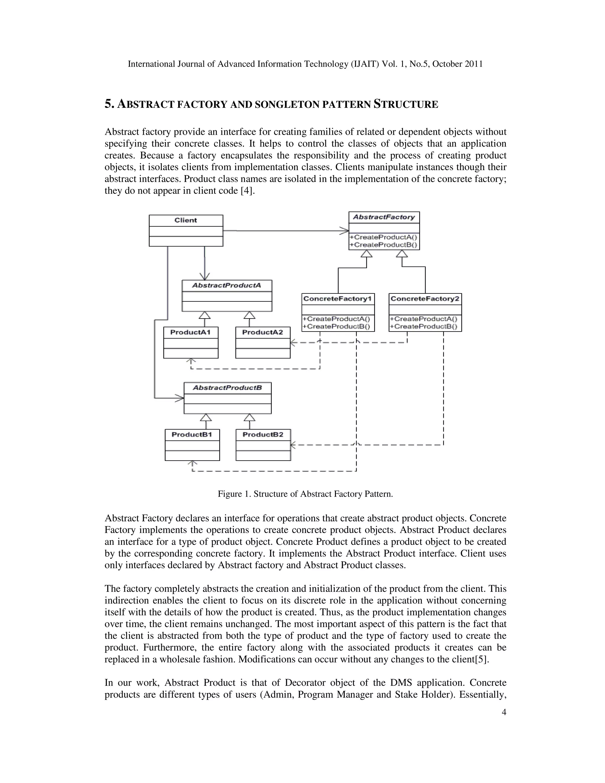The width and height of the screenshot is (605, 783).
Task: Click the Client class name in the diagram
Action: (x=186, y=220)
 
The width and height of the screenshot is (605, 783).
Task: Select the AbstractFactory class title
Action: (x=384, y=217)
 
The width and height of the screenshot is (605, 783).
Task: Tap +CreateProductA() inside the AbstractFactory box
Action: (x=383, y=237)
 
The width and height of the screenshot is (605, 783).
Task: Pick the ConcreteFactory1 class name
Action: (x=338, y=299)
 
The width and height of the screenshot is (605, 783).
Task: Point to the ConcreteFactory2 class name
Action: (x=425, y=299)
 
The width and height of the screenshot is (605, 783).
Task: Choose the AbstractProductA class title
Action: (x=227, y=285)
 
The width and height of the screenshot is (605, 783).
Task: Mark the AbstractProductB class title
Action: (x=227, y=388)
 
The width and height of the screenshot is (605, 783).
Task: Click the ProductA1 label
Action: (x=190, y=332)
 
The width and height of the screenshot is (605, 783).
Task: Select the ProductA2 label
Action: (x=262, y=332)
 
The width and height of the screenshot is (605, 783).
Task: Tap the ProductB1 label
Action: (x=192, y=435)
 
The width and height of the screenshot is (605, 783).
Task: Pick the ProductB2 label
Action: (x=263, y=435)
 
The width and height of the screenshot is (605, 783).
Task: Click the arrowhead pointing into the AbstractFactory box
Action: (x=345, y=230)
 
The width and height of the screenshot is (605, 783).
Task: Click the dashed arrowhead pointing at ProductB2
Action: (x=293, y=445)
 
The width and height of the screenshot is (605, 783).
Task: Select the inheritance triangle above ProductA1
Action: (x=205, y=315)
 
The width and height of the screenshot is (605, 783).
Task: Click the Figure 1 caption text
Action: (x=305, y=494)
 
